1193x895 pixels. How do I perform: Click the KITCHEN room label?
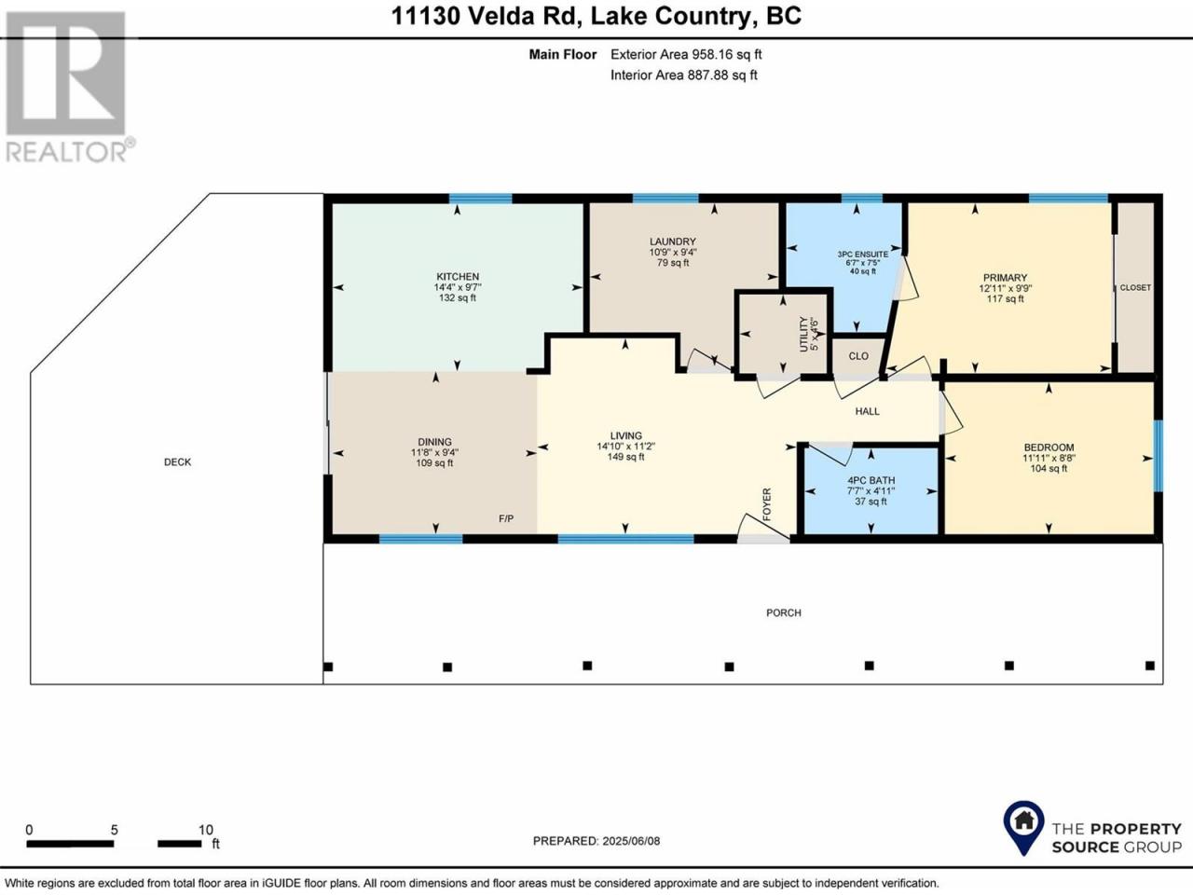pos(458,277)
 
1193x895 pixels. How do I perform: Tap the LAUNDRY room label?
pos(672,241)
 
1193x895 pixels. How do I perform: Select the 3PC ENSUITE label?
pos(862,255)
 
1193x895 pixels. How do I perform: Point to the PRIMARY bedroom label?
pos(1005,278)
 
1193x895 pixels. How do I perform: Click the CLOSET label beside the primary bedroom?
pos(1135,287)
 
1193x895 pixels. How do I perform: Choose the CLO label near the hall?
pos(858,356)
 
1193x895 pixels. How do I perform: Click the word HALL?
pos(868,411)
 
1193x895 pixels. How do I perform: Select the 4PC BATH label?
pos(871,480)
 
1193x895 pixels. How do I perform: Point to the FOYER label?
pos(767,504)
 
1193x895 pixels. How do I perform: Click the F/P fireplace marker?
pos(506,518)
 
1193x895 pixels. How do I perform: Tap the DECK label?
pos(178,461)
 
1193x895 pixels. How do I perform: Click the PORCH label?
pos(784,613)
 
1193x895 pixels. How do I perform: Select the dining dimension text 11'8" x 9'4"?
pos(435,453)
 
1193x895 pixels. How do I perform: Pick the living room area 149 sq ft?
pos(626,457)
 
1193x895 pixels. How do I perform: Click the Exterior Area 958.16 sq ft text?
pos(686,54)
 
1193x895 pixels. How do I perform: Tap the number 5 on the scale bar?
pos(114,830)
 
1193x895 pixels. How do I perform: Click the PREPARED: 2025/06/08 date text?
pos(596,841)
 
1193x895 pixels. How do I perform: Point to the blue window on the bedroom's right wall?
pos(1159,456)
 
